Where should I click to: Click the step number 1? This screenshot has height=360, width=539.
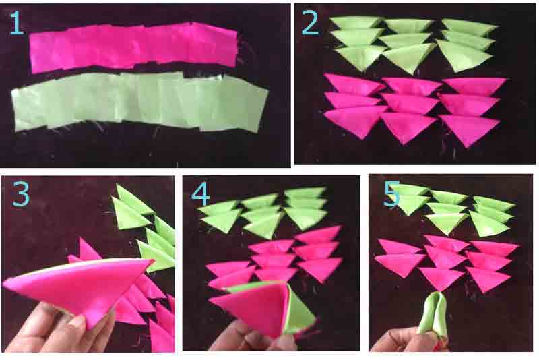16,23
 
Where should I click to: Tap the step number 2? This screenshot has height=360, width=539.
310,23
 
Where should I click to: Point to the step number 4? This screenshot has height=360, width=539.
200,194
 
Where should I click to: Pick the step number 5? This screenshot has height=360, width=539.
391,194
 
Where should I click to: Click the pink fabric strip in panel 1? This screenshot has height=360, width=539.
134,47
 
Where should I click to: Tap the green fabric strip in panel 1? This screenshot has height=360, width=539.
139,102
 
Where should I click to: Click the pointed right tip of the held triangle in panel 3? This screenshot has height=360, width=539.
154,260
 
